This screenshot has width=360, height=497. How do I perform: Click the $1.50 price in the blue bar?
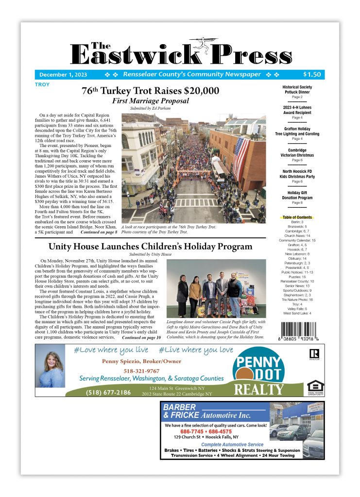[311, 75]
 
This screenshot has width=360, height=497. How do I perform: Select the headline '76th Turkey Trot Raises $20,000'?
[150, 91]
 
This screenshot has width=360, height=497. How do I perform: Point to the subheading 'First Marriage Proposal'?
[150, 101]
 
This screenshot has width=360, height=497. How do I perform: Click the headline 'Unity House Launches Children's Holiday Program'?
[150, 247]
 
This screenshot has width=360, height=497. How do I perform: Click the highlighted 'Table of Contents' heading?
[297, 217]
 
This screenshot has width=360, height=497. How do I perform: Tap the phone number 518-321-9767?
[144, 371]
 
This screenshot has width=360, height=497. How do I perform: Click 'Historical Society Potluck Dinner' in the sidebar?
[297, 90]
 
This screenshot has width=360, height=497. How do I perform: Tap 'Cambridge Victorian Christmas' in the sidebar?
[297, 153]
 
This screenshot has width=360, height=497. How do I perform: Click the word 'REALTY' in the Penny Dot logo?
[258, 389]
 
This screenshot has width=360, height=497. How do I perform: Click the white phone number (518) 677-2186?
[108, 392]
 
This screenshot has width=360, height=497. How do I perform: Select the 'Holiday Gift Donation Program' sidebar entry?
[297, 195]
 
